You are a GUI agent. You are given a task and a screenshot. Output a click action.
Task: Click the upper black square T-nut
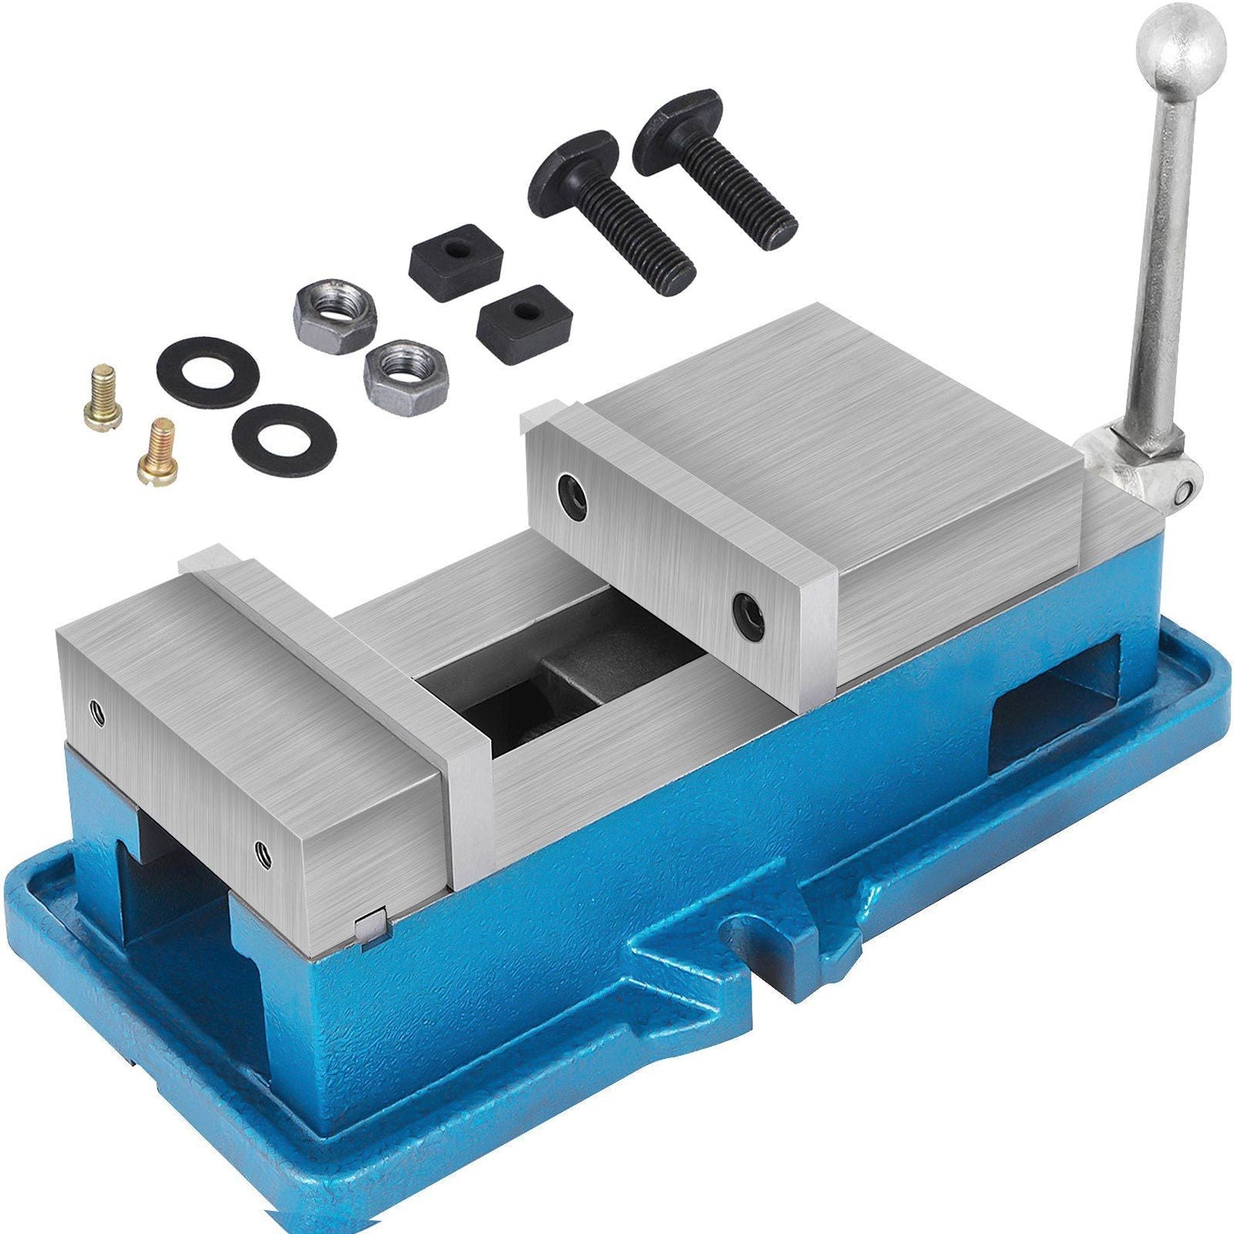[x=455, y=251]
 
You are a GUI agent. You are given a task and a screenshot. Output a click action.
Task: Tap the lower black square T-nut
[x=512, y=323]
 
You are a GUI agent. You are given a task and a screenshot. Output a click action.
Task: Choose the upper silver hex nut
[x=335, y=313]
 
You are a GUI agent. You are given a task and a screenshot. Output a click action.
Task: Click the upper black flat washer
[x=208, y=371]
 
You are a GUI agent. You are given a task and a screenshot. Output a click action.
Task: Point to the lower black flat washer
[x=284, y=439]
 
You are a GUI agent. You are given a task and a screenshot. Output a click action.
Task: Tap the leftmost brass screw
[x=103, y=395]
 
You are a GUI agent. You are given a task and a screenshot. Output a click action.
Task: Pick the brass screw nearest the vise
[x=158, y=451]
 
